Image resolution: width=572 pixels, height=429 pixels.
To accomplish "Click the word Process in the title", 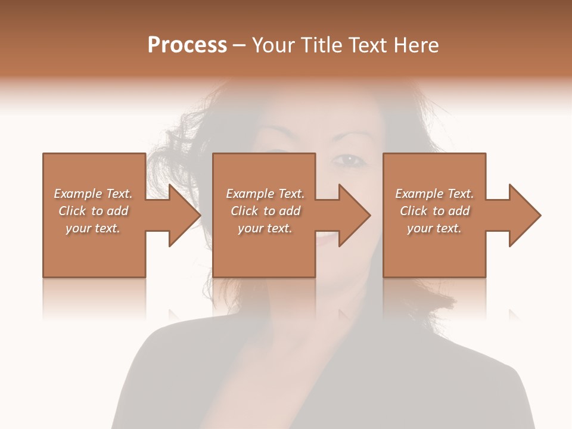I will (187, 45).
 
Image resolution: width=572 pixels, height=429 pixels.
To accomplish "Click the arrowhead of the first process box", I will (184, 215).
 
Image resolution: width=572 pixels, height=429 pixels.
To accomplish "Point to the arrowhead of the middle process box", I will (353, 215).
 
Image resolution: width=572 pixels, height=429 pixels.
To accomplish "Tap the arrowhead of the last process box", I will (524, 215).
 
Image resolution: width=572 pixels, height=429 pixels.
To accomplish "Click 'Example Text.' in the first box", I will (93, 194).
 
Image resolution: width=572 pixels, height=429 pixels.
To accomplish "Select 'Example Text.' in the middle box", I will (265, 194).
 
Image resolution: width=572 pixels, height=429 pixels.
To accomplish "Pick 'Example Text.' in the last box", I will (434, 194).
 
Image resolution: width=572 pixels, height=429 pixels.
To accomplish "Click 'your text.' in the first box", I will (93, 228).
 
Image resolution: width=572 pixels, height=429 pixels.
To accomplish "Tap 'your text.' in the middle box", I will (265, 228).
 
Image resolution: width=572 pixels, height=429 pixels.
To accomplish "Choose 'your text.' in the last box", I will (434, 228).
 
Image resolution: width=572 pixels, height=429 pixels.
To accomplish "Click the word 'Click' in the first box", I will (73, 211).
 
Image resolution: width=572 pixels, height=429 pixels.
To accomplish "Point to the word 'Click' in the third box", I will (414, 211).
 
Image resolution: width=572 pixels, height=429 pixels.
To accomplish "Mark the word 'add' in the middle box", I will (290, 211).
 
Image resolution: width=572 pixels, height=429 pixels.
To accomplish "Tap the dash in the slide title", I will (240, 45).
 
